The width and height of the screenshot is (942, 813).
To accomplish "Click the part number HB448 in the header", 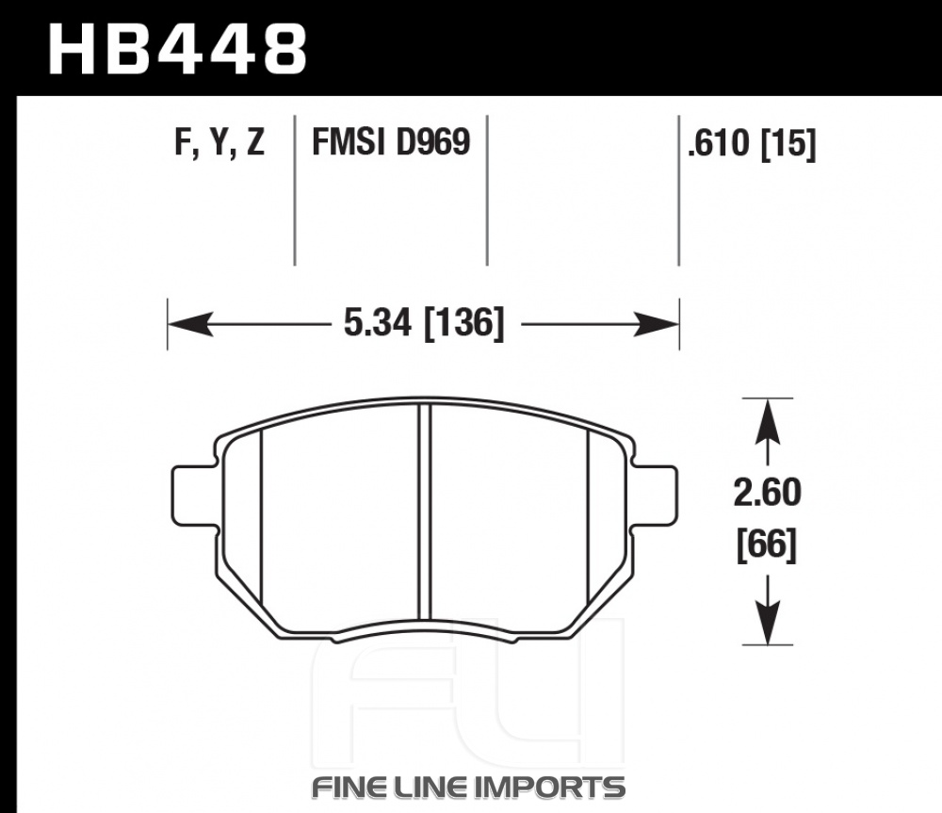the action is [x=178, y=49].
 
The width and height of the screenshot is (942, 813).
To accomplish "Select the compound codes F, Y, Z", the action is [x=219, y=143].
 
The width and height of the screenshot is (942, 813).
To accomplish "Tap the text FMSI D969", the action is [x=391, y=142].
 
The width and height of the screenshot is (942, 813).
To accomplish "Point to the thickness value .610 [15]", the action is [x=752, y=143].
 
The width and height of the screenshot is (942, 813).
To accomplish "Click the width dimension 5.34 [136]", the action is [x=424, y=323].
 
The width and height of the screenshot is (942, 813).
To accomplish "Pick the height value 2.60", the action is [x=767, y=492].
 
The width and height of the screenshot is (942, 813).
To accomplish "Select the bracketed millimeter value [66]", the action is [x=767, y=545].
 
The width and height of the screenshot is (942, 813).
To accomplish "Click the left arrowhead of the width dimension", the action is [x=190, y=324].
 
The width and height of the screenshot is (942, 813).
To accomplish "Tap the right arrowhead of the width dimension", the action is [x=656, y=324].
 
